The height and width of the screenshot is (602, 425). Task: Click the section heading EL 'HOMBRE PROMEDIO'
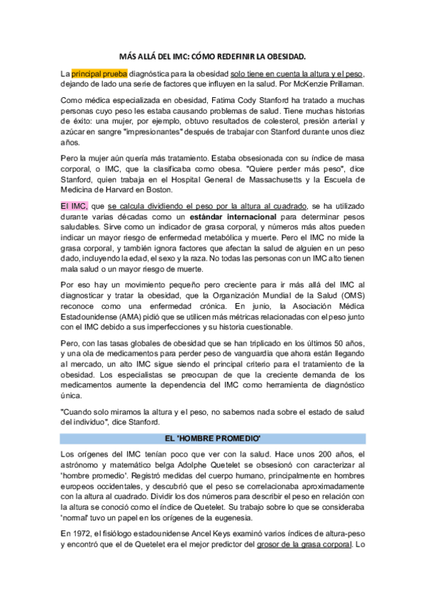tap(212, 438)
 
